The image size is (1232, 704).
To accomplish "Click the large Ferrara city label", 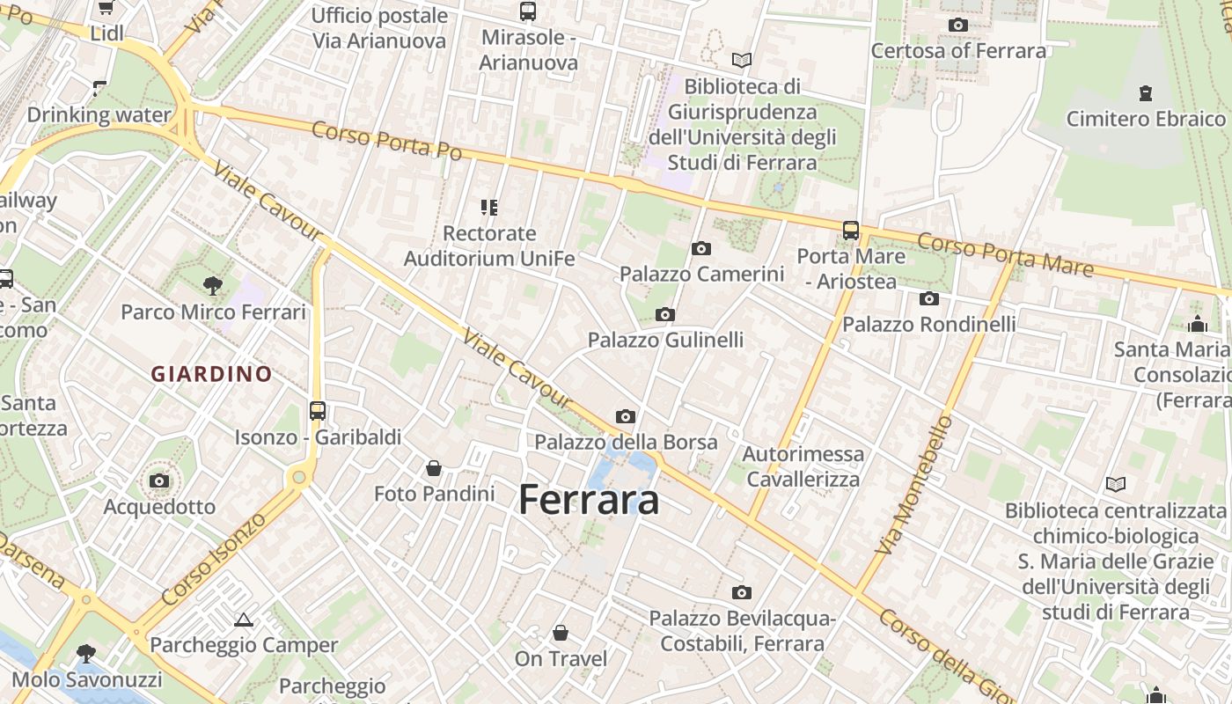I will point(589,500).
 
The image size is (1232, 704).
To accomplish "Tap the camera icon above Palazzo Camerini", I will point(701,248).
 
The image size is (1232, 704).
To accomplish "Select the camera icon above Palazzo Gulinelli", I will point(665,314).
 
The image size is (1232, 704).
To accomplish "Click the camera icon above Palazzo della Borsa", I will point(626,416).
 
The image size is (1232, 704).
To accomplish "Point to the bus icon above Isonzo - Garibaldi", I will point(318,410).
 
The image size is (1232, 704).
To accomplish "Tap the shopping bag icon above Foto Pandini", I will point(434,468).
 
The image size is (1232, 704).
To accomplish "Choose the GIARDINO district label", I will point(211,374).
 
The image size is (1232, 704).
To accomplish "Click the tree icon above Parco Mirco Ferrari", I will point(212,285).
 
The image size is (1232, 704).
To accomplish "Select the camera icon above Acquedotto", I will point(159,480).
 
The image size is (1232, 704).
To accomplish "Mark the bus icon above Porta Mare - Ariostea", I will point(850,230).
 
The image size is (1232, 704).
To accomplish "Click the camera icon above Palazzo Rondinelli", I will point(929,298).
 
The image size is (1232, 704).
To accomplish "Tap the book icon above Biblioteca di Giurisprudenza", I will point(742,60).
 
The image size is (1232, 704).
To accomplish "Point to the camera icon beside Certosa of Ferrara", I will point(958,25).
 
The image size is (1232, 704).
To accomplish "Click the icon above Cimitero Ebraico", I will point(1146,92).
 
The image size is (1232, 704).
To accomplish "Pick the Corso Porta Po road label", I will point(387,141).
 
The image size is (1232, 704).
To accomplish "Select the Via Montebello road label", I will point(914,485).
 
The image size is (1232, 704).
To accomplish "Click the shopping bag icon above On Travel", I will point(561,633).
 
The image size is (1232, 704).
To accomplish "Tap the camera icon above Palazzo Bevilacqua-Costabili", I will point(742,592).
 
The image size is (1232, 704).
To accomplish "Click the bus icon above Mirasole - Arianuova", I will point(528,11).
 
